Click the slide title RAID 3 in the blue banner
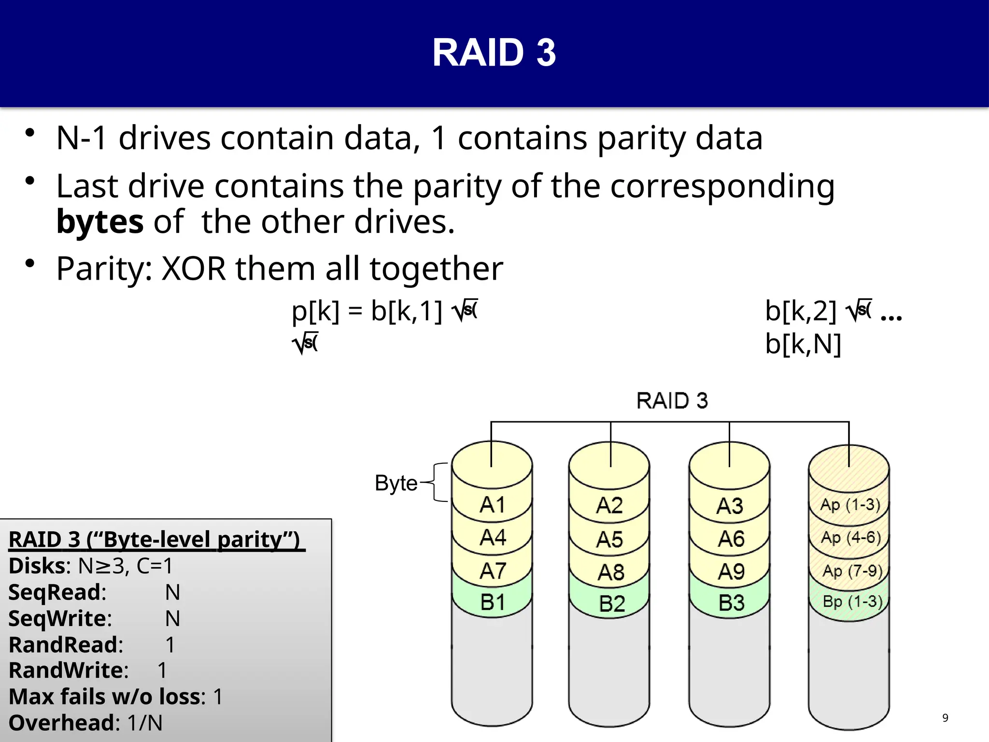click(x=494, y=53)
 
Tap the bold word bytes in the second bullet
click(x=99, y=222)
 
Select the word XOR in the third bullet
click(x=193, y=269)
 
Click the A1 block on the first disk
click(x=492, y=505)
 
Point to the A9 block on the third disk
click(x=731, y=572)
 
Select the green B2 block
click(x=611, y=604)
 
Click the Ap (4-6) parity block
click(x=850, y=538)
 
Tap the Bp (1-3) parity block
click(x=852, y=601)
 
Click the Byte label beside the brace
click(x=396, y=483)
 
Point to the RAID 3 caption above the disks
click(x=672, y=401)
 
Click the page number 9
click(x=945, y=718)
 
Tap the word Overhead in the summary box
click(x=61, y=723)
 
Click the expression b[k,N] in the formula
click(x=803, y=344)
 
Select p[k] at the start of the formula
click(x=315, y=311)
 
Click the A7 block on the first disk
click(x=492, y=571)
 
